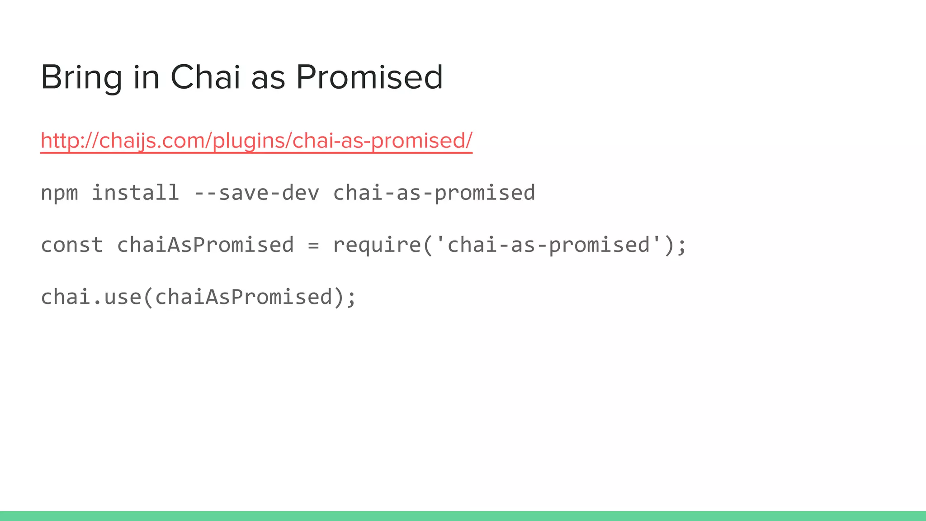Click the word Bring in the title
(x=81, y=77)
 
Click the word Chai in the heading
(x=205, y=77)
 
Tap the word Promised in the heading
(x=369, y=77)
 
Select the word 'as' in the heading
(x=268, y=77)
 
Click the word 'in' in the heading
(x=146, y=77)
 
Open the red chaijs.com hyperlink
(x=256, y=140)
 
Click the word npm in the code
(x=59, y=193)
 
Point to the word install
(x=135, y=193)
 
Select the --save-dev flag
(x=256, y=193)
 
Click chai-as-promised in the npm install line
(x=434, y=193)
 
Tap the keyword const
(x=72, y=245)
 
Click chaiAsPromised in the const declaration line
(x=205, y=245)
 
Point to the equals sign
(x=313, y=245)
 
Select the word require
(x=377, y=245)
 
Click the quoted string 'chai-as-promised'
(x=548, y=245)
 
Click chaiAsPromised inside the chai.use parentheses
(x=244, y=297)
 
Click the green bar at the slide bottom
(x=463, y=516)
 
